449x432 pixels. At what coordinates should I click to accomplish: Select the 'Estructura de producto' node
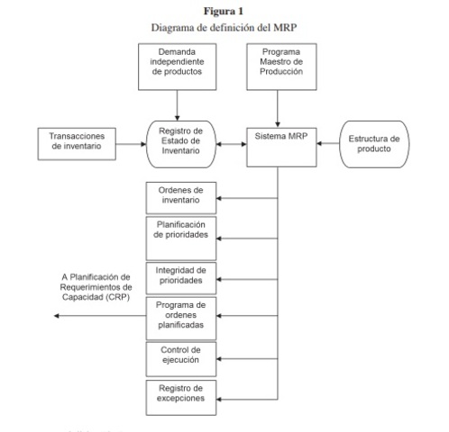click(x=375, y=141)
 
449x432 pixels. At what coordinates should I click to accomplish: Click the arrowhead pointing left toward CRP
click(x=57, y=316)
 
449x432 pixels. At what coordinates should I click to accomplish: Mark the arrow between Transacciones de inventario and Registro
click(x=125, y=141)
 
